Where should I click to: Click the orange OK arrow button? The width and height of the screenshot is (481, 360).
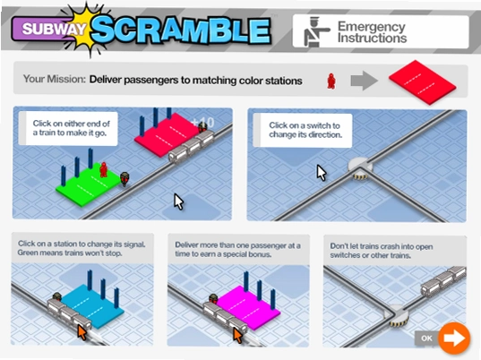(454, 338)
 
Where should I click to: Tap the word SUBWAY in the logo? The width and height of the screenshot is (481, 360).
(54, 30)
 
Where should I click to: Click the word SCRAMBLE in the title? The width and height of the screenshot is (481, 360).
(180, 30)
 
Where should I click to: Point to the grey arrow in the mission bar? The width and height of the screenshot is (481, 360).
(365, 81)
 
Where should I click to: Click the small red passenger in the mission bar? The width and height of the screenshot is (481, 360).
(331, 81)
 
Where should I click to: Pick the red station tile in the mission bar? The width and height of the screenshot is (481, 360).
(423, 82)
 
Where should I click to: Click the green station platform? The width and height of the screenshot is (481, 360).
(89, 184)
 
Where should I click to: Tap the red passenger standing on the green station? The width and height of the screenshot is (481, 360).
(104, 169)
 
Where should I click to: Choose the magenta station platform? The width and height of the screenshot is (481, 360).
(248, 308)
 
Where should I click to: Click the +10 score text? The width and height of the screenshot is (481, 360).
(203, 123)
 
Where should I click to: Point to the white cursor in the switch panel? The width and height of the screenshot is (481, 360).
(322, 173)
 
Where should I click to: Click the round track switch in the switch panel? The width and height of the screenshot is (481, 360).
(360, 168)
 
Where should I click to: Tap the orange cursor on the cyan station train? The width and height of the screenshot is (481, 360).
(82, 333)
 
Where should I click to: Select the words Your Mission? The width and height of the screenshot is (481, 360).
(55, 79)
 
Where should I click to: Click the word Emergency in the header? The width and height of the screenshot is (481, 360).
(372, 27)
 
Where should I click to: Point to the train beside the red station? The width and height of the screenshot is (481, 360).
(191, 147)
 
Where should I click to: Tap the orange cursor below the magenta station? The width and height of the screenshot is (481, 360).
(237, 335)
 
